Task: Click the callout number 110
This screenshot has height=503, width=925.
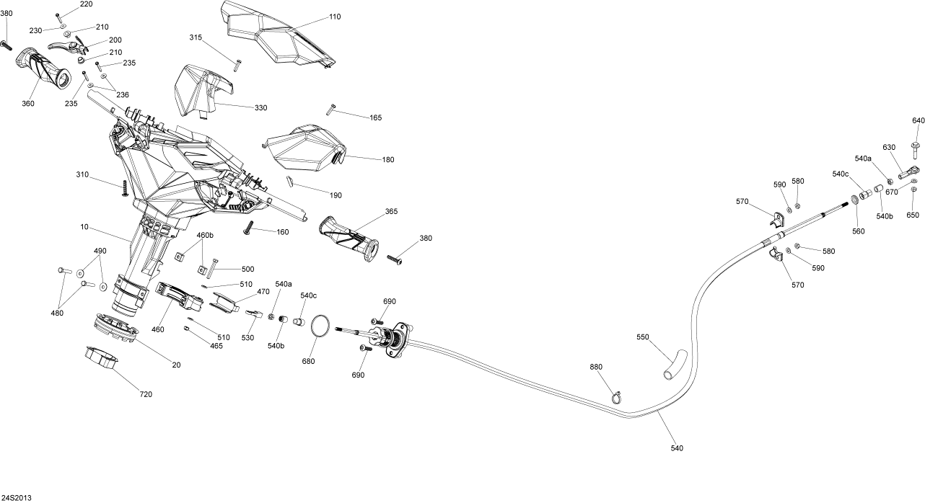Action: (334, 16)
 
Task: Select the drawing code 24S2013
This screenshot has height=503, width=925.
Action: (17, 497)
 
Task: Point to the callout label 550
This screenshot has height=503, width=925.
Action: (644, 337)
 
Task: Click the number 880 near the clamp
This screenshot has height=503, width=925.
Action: (596, 367)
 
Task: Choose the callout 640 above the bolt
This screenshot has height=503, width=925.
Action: (918, 120)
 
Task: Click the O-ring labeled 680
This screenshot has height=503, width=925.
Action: (323, 326)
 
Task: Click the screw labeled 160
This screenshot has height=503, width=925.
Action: (248, 229)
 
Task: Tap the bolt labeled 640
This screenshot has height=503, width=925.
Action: (916, 149)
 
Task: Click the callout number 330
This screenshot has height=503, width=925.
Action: (260, 107)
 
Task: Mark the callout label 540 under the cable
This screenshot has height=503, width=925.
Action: (677, 448)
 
